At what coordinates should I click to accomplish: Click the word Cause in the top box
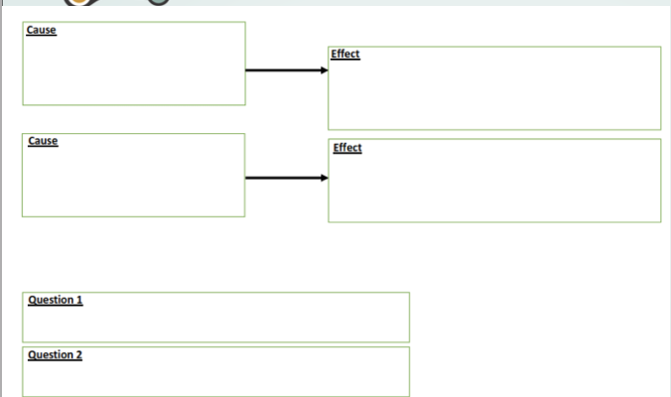tap(42, 31)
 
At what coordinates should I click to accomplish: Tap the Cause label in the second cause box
tap(43, 141)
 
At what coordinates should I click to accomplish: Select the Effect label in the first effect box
tap(346, 54)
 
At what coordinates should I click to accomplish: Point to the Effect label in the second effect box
tap(347, 148)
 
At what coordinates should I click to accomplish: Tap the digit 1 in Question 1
tap(79, 300)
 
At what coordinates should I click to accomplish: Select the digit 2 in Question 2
tap(79, 355)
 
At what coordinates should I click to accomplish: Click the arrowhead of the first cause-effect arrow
tap(325, 70)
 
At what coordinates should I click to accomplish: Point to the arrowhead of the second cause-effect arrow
tap(325, 179)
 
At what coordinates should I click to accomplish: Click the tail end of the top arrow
tap(247, 70)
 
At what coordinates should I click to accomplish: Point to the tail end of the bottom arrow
tap(247, 179)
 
